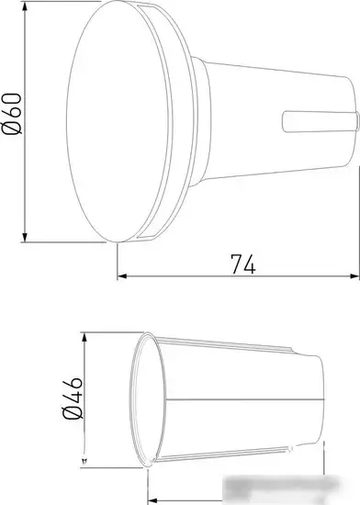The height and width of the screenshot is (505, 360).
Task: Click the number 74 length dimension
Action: [x=242, y=263]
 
